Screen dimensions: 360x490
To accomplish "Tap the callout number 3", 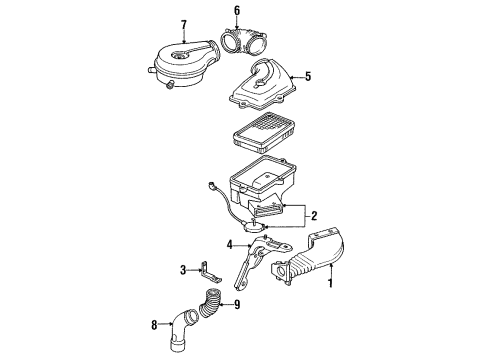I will [x=184, y=269].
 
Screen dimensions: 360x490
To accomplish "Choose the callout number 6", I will [x=236, y=11].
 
